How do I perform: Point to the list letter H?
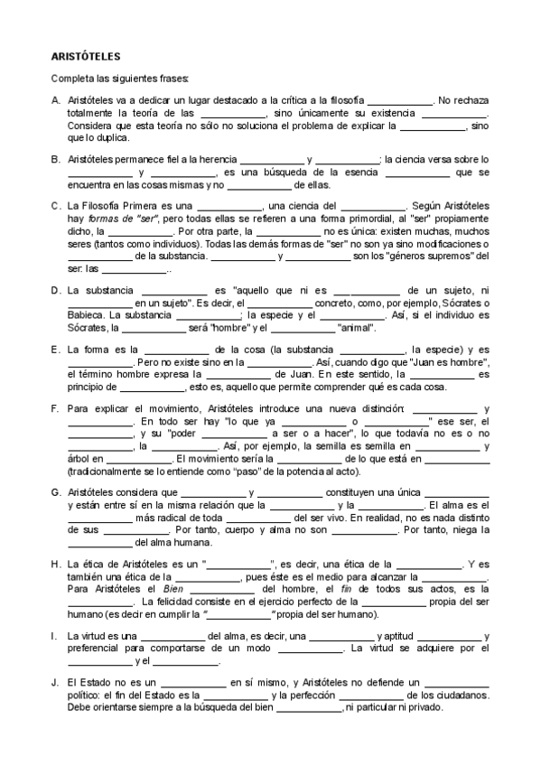[x=56, y=564]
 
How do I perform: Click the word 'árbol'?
[x=79, y=458]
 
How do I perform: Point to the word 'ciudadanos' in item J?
[x=458, y=696]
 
